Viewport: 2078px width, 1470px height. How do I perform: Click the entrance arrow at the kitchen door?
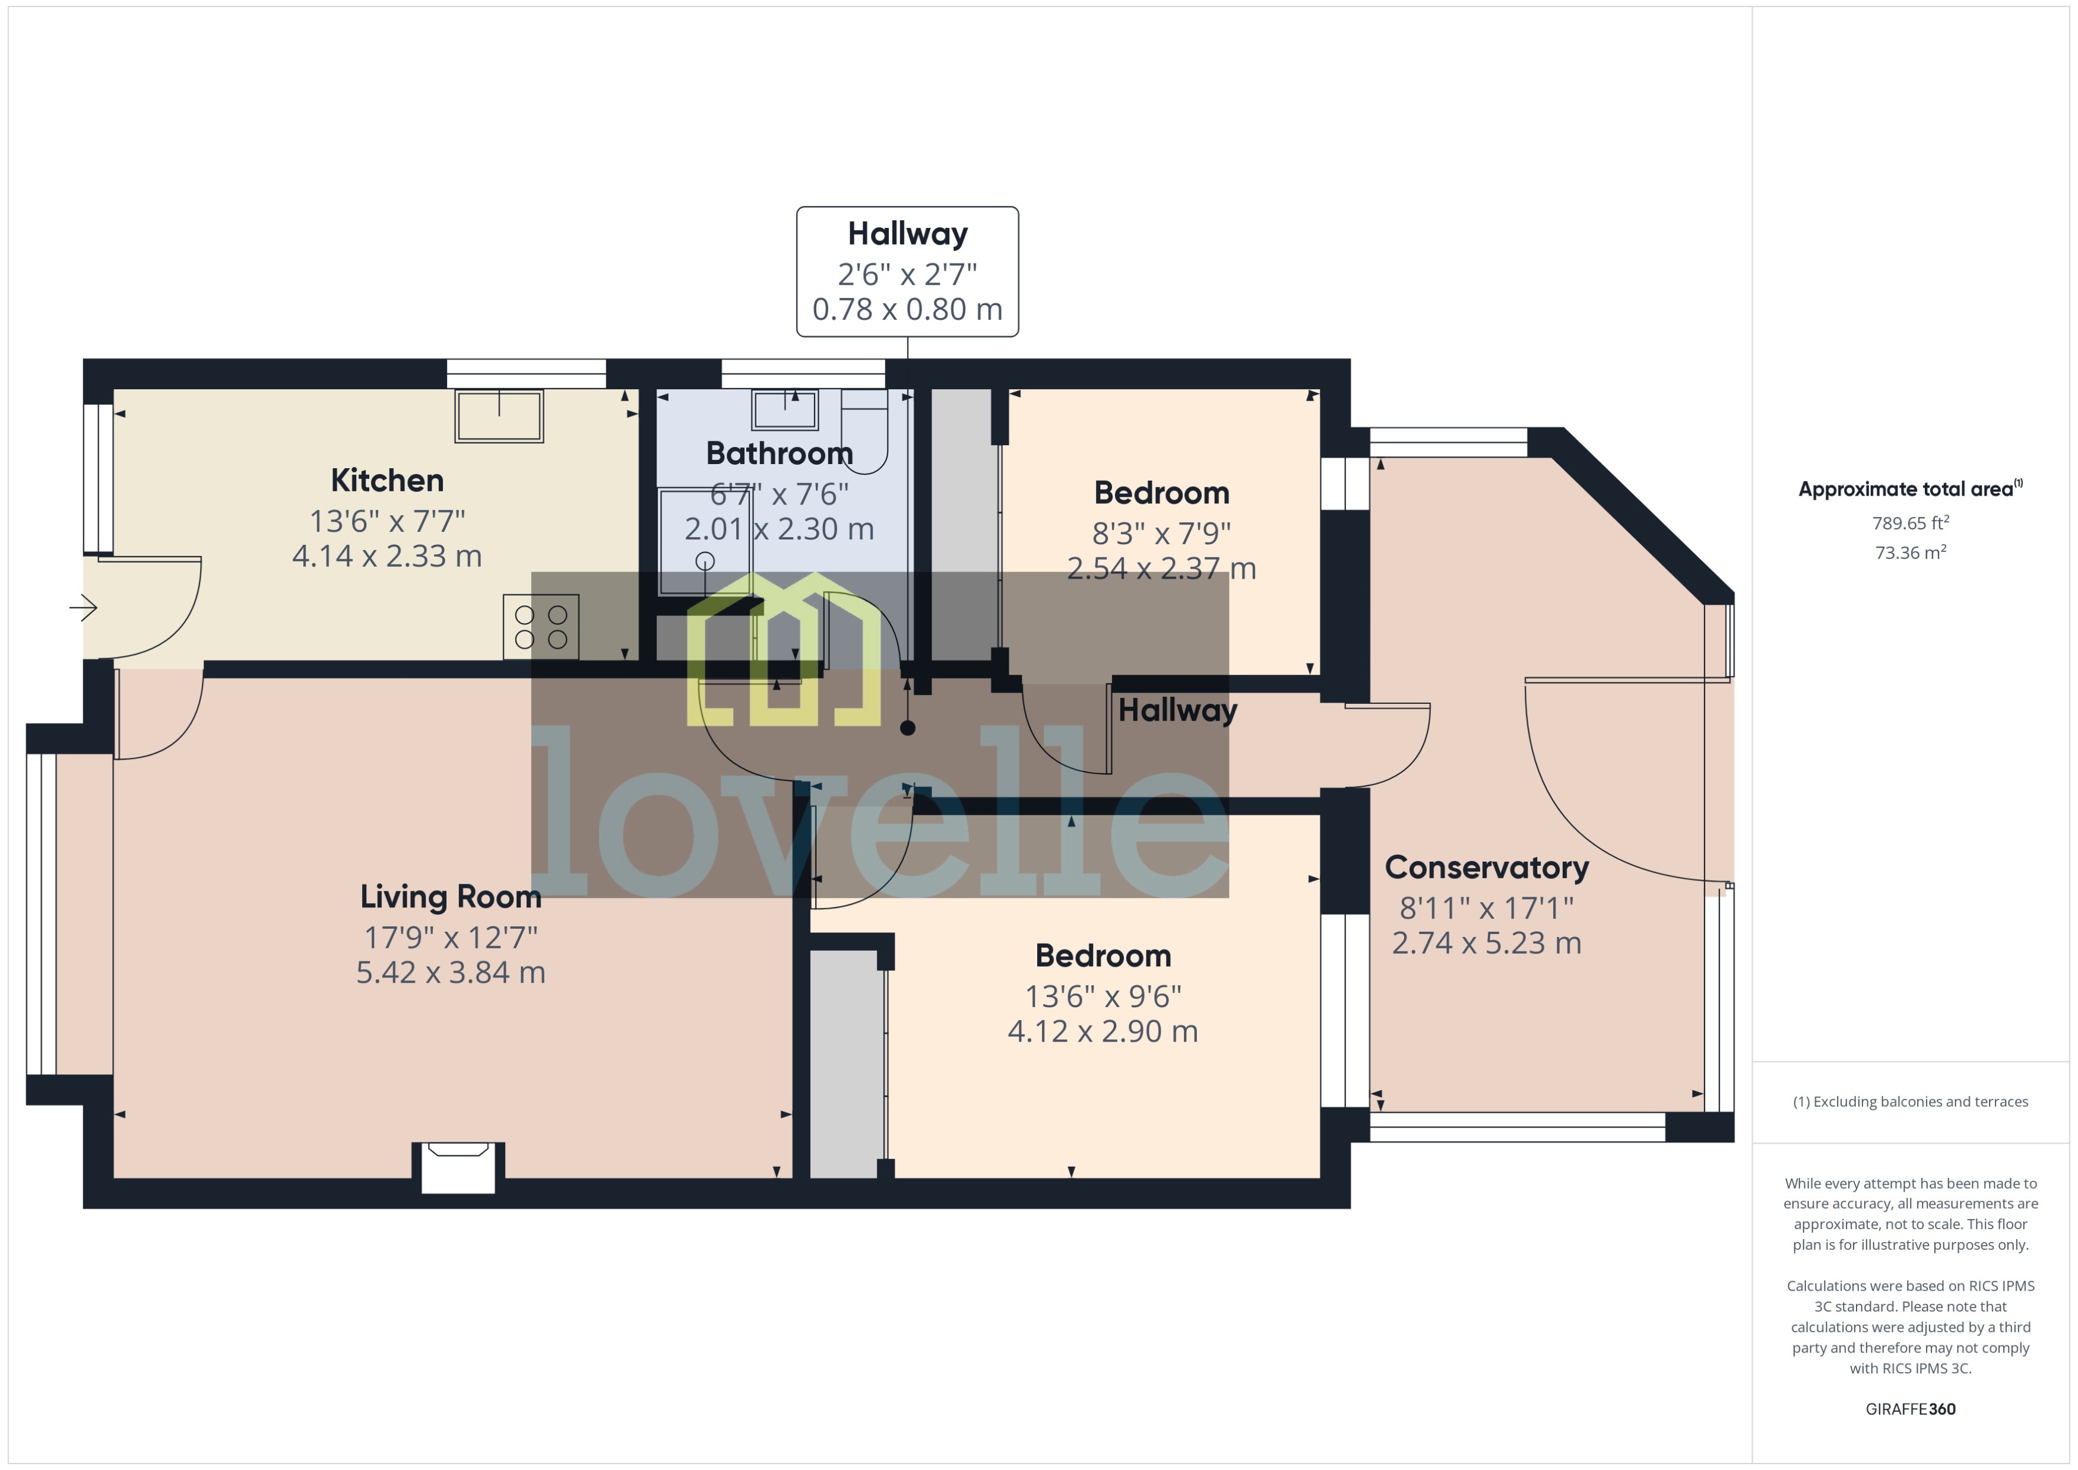tap(83, 607)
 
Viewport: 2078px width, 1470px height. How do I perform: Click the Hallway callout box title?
tap(907, 234)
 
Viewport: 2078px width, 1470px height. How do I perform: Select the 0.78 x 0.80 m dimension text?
tap(907, 310)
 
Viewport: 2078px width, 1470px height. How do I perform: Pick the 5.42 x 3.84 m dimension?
tap(450, 972)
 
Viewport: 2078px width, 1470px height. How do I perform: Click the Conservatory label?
tap(1486, 867)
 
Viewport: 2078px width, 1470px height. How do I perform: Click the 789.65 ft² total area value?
tap(1909, 523)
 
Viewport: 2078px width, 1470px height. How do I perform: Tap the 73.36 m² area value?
tap(1909, 552)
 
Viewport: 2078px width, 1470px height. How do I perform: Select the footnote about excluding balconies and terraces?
tap(1909, 1101)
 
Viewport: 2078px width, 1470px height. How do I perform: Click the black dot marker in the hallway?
tap(907, 728)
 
